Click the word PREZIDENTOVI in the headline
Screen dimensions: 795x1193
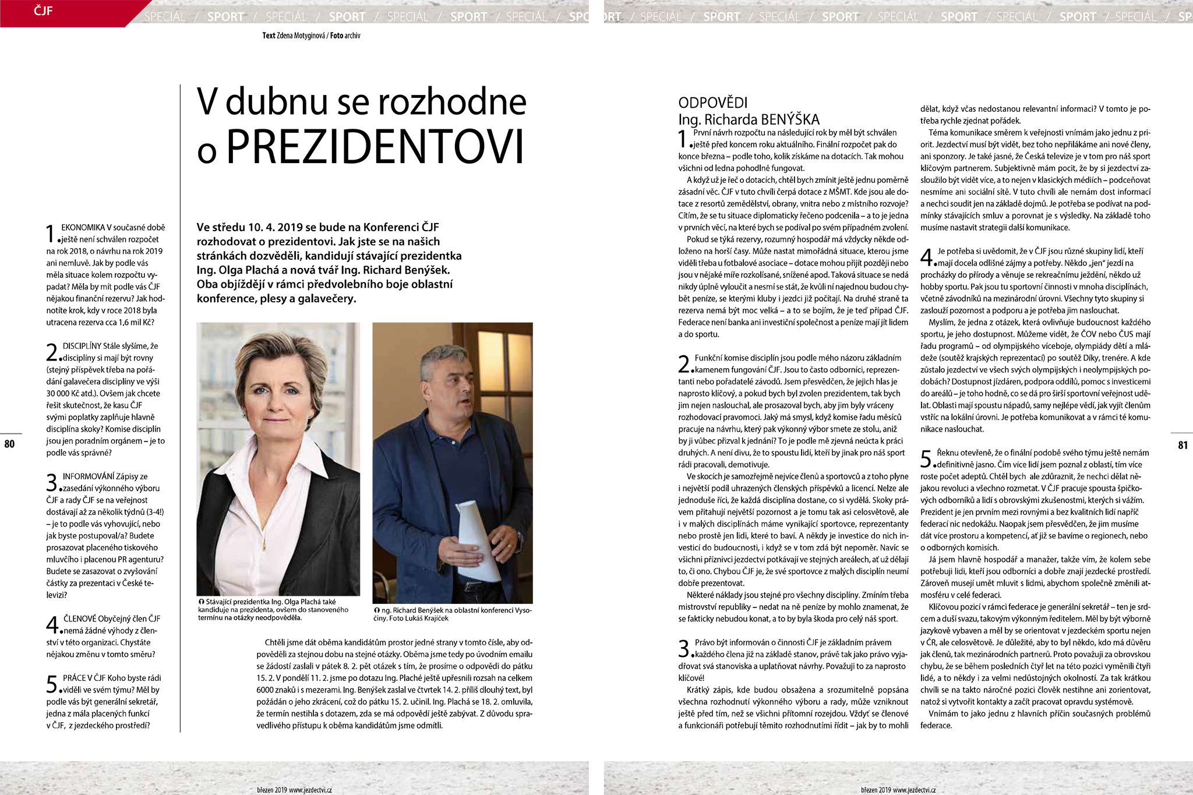[x=375, y=146]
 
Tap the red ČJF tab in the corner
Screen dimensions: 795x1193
[x=44, y=10]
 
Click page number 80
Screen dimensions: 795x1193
[x=9, y=444]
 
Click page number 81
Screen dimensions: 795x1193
[x=1183, y=446]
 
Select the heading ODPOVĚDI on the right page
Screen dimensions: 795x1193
[x=712, y=103]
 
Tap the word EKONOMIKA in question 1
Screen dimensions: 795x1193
[x=83, y=227]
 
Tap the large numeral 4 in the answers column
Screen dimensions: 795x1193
[x=927, y=257]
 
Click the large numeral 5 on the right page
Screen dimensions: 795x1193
[x=927, y=459]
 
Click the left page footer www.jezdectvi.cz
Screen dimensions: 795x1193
[x=310, y=790]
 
